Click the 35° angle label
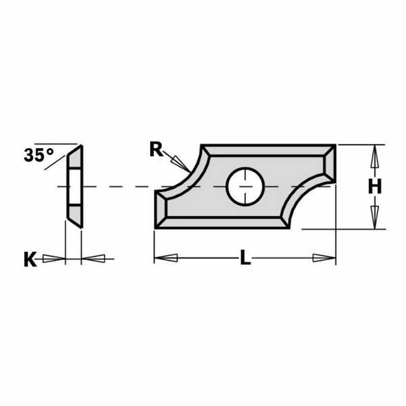(39, 154)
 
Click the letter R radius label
(156, 149)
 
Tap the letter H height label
(375, 187)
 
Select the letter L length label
(245, 258)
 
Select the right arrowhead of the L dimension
(323, 258)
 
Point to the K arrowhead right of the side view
(93, 258)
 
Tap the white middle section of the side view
(74, 186)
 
